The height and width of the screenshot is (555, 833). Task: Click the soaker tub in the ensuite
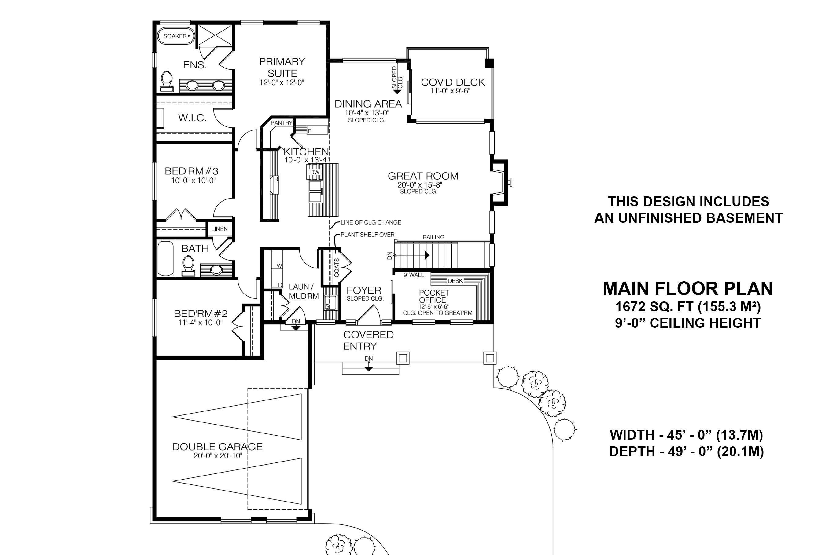(176, 36)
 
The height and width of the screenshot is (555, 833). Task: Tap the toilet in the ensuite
(167, 81)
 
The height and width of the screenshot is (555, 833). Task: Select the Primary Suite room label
(282, 67)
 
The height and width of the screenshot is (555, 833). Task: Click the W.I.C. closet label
(192, 118)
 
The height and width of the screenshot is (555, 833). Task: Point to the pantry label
(281, 123)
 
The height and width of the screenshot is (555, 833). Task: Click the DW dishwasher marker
(315, 172)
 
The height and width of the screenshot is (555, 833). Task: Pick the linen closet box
(219, 229)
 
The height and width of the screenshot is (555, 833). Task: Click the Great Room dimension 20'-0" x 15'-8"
(420, 185)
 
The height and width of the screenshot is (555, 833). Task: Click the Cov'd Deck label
(453, 82)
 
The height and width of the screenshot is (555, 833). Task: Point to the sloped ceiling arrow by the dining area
(397, 91)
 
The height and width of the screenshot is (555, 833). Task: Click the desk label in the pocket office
(455, 281)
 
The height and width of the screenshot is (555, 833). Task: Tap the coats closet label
(337, 267)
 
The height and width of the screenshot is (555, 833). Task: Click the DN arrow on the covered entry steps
(369, 369)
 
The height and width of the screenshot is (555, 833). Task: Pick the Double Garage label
(217, 447)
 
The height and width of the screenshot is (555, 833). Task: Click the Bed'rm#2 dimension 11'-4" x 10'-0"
(200, 323)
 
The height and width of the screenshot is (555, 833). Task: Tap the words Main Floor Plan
(687, 288)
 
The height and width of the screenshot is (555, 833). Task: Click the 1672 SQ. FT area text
(687, 307)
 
